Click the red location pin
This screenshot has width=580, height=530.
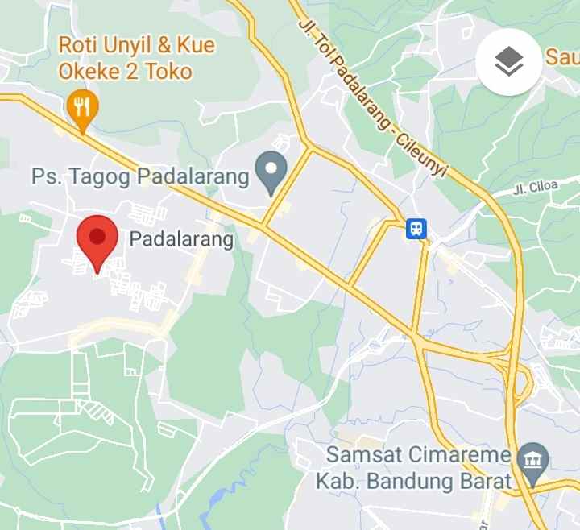click(x=97, y=241)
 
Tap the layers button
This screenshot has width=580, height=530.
click(x=508, y=61)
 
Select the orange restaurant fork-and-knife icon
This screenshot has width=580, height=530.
click(x=82, y=106)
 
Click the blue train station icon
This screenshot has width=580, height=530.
click(x=416, y=229)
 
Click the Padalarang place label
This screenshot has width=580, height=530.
click(x=181, y=239)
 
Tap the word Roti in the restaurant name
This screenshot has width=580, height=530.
click(x=79, y=45)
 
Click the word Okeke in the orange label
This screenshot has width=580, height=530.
click(x=89, y=72)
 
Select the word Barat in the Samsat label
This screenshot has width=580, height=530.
click(x=486, y=482)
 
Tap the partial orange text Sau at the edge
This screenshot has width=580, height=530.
click(x=562, y=56)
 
